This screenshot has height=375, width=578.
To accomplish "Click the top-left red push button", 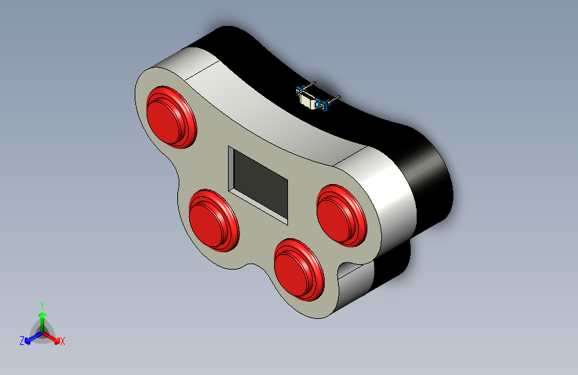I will point(171,115).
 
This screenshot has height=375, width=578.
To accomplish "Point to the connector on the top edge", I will point(312,99).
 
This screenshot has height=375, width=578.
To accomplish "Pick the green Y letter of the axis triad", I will point(42,304).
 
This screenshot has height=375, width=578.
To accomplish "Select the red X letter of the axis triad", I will point(63,342).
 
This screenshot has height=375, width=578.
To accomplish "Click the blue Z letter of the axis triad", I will point(22,341).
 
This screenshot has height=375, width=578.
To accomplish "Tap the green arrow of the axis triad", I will point(42,316).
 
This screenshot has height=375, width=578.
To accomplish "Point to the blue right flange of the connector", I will point(324,105).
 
